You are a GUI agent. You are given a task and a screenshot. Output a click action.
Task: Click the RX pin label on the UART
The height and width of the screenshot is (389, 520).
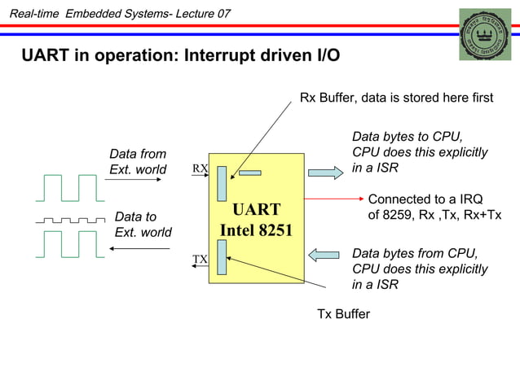click(x=200, y=168)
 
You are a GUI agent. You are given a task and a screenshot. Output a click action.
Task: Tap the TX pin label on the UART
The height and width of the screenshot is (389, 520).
click(x=200, y=260)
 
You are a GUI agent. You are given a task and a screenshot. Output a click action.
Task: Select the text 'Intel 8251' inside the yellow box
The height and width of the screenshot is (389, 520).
click(x=256, y=230)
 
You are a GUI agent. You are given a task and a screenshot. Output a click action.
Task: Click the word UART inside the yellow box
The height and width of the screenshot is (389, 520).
click(x=256, y=209)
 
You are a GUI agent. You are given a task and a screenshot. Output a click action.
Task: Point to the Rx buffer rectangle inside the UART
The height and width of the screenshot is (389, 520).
click(x=222, y=184)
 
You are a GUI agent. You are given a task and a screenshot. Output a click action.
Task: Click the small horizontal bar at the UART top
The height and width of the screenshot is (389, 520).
click(x=250, y=173)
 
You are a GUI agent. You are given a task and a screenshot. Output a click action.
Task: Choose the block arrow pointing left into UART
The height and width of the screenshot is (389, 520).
click(x=324, y=255)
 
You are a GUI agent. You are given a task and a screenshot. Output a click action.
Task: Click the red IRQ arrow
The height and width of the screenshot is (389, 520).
click(x=333, y=199)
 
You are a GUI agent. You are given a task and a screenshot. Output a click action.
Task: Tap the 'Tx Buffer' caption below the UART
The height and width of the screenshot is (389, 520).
click(x=343, y=314)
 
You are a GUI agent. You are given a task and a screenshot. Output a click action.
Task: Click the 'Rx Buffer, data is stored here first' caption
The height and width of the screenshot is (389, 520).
click(x=396, y=98)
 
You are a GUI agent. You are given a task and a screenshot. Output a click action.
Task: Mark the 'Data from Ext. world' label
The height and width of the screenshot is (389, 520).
click(x=138, y=161)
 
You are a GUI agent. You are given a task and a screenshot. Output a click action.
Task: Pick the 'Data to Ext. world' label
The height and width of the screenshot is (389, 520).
click(x=143, y=225)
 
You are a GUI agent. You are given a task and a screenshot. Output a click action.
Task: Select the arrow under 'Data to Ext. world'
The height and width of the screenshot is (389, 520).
click(x=139, y=247)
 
